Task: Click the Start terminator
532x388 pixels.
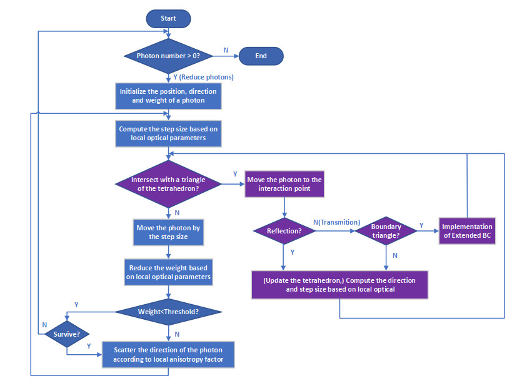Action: [x=168, y=19]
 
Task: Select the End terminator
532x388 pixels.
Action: [x=261, y=56]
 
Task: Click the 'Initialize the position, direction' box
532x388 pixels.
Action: [x=168, y=96]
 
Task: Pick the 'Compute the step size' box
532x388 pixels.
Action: [x=168, y=133]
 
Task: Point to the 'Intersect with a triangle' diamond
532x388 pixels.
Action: [x=168, y=183]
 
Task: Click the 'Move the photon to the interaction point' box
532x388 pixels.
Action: [x=284, y=184]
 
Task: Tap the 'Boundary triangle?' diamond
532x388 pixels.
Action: [x=385, y=231]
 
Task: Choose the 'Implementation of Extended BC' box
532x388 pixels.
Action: [x=467, y=231]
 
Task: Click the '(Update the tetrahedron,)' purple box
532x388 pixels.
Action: [x=339, y=285]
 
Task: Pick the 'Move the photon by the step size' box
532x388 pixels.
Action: [x=168, y=232]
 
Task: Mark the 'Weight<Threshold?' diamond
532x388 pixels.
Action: [x=168, y=311]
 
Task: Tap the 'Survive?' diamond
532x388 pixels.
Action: [x=66, y=334]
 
